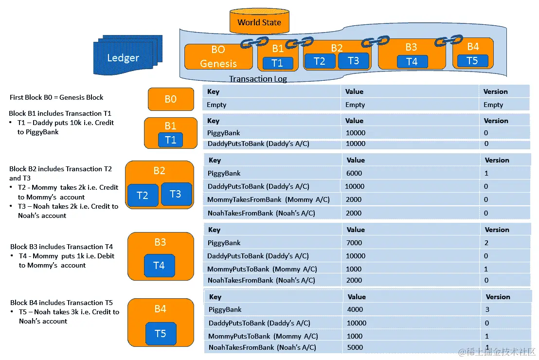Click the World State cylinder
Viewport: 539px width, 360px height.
click(259, 22)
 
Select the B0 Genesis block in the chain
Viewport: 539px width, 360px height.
click(218, 56)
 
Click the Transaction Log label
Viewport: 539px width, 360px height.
click(258, 79)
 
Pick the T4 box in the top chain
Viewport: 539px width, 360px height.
click(412, 61)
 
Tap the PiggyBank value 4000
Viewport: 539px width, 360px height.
click(355, 309)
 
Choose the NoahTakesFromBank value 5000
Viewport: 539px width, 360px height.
click(355, 347)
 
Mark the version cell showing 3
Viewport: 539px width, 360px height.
click(487, 309)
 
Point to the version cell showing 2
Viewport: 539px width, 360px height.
click(486, 243)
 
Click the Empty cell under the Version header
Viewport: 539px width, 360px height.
click(493, 105)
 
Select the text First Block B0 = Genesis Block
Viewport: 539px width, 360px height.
click(56, 97)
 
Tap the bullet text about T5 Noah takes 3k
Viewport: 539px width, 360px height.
click(68, 316)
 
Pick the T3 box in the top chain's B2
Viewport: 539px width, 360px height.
click(353, 61)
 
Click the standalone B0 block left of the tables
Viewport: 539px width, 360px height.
click(170, 99)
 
